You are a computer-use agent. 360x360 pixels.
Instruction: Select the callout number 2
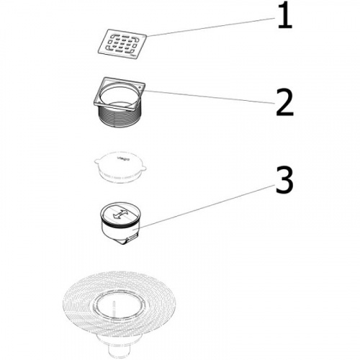(285, 102)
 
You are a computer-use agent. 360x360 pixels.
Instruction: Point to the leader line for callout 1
(211, 27)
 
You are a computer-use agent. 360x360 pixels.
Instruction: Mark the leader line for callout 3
(207, 207)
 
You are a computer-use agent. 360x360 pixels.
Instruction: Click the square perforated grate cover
(122, 44)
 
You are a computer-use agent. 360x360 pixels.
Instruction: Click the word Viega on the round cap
(123, 158)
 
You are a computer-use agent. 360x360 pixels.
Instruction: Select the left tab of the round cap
(96, 163)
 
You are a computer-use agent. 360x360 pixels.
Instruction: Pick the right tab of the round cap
(144, 167)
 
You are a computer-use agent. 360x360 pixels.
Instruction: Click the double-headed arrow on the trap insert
(120, 213)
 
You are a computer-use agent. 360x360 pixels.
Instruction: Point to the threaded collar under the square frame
(120, 118)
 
